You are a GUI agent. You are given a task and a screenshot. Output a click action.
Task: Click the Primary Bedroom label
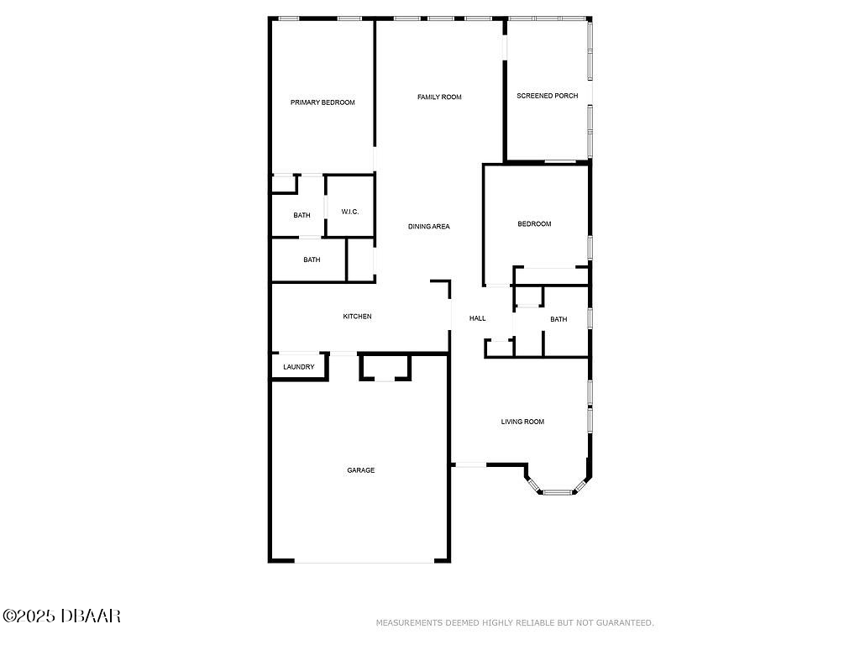(322, 102)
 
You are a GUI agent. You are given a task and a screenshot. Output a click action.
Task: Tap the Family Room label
(439, 97)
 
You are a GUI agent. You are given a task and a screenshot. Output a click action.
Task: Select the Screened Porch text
(548, 96)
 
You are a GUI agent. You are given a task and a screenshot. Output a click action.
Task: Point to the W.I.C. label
(350, 212)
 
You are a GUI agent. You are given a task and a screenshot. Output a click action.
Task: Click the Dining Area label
(429, 227)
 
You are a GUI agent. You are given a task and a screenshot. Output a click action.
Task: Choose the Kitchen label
(357, 317)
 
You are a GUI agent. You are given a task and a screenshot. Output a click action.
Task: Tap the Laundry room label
(299, 367)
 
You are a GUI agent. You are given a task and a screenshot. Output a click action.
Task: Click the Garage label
(361, 470)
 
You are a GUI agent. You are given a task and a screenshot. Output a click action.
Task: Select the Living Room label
(522, 422)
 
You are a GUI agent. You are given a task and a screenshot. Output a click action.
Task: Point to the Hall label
(477, 318)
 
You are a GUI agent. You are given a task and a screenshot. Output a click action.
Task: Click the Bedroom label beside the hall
(534, 223)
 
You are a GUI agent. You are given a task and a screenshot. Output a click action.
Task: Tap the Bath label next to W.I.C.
(302, 215)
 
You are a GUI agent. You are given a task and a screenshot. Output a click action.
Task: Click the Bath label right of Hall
(558, 319)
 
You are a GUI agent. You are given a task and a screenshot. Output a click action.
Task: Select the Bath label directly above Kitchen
(312, 260)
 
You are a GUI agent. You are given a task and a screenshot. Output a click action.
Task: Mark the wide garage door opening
(364, 561)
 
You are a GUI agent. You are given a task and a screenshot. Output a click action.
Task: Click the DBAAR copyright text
(61, 616)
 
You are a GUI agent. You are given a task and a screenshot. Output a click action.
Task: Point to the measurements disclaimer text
(515, 622)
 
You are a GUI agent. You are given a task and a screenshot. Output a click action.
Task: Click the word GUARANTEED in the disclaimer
(625, 622)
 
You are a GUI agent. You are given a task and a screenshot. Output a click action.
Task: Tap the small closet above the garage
(385, 367)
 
